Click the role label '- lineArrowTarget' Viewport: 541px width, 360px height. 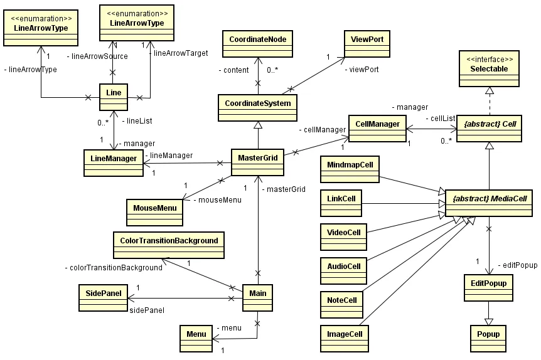[179, 53]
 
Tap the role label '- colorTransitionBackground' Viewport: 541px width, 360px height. [113, 268]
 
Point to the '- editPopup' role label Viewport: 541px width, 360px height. [517, 265]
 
